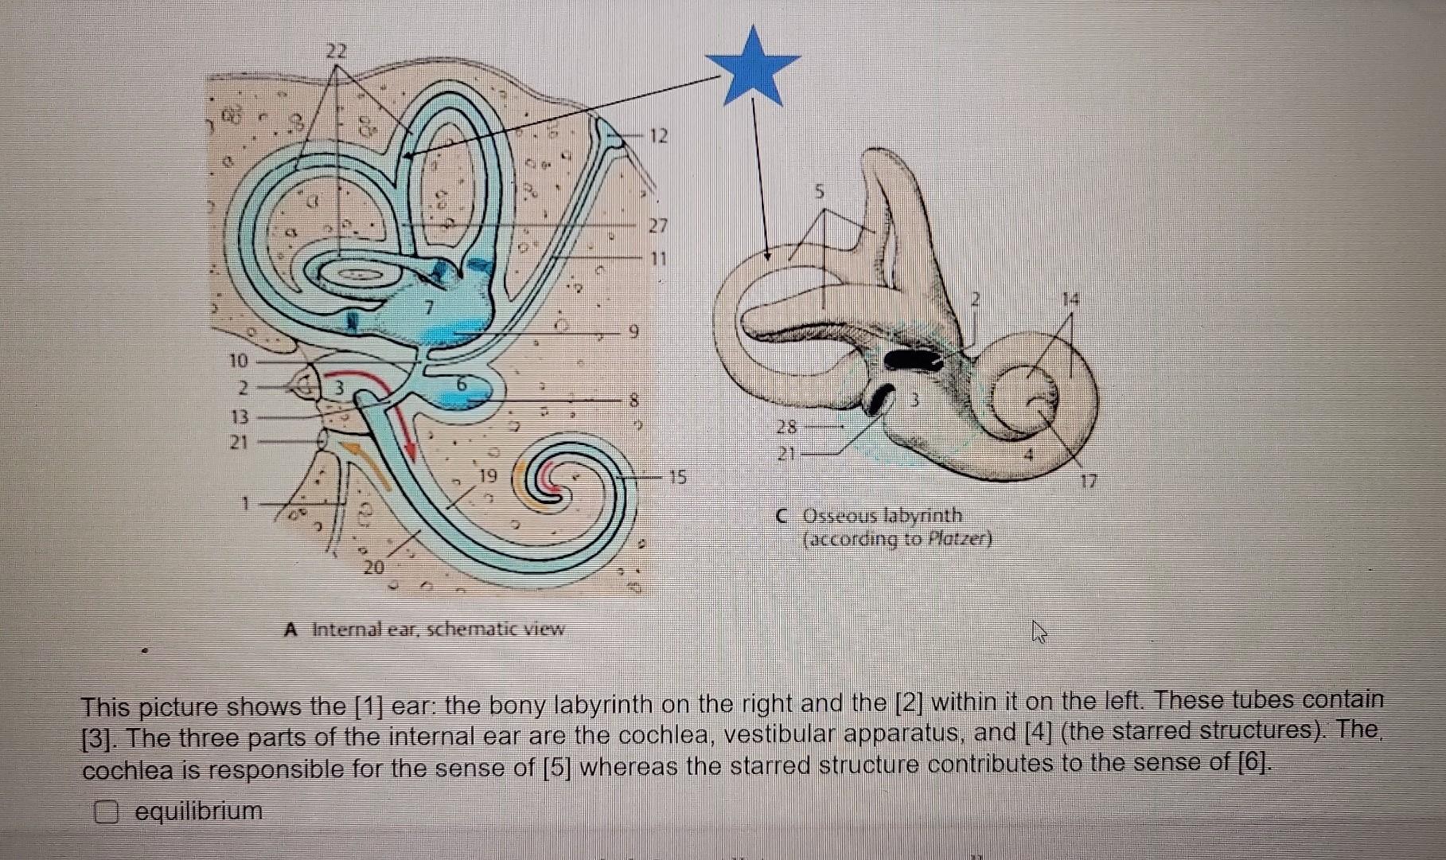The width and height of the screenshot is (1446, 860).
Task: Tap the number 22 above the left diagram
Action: click(337, 52)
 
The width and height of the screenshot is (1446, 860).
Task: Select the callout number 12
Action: click(657, 136)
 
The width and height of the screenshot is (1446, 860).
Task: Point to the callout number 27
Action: click(657, 226)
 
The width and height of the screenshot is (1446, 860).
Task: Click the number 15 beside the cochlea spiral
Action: click(677, 478)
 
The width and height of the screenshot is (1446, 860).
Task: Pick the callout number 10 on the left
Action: click(239, 361)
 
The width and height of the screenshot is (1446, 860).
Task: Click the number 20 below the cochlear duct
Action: click(374, 568)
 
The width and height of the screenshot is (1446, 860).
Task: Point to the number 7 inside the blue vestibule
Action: click(429, 306)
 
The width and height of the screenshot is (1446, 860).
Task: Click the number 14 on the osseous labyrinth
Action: click(1071, 300)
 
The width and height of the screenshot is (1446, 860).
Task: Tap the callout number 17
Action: click(1089, 481)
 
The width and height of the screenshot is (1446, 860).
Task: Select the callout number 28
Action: click(786, 427)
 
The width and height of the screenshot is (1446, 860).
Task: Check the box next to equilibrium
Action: click(107, 813)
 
